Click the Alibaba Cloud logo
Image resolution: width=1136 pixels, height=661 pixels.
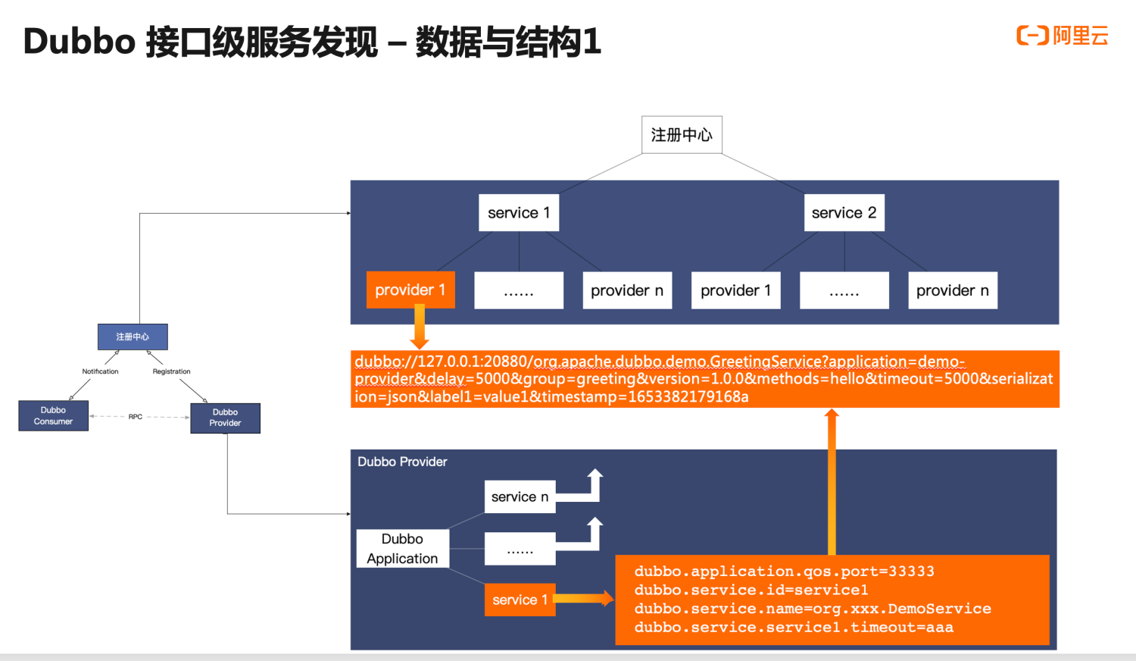coord(1062,36)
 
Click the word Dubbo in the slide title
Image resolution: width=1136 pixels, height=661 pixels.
coord(80,42)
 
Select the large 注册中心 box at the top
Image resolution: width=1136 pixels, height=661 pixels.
coord(682,135)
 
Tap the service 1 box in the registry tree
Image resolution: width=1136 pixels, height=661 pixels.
coord(519,213)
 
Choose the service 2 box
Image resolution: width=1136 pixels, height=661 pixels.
coord(844,213)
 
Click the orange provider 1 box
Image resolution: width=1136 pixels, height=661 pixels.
coord(410,290)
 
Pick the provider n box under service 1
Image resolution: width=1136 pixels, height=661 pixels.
coord(627,290)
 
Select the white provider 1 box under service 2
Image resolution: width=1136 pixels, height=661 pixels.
coord(735,290)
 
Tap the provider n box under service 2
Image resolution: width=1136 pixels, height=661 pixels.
coord(953,290)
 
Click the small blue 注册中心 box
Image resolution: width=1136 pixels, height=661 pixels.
coord(133,337)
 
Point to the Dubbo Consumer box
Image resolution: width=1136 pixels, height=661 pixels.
coord(53,415)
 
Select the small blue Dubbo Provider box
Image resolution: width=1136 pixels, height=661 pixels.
coord(225,418)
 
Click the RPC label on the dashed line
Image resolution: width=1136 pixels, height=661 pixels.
coord(136,417)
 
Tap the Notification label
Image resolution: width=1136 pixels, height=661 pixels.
coord(100,371)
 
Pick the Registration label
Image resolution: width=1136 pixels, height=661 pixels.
coord(171,371)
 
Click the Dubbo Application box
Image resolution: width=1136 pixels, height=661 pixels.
coord(402,549)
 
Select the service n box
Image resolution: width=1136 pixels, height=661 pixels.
coord(520,497)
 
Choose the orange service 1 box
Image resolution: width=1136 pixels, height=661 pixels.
coord(520,600)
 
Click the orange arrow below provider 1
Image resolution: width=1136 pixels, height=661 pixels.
coord(419,326)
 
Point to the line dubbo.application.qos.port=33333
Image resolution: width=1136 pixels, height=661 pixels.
coord(784,572)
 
